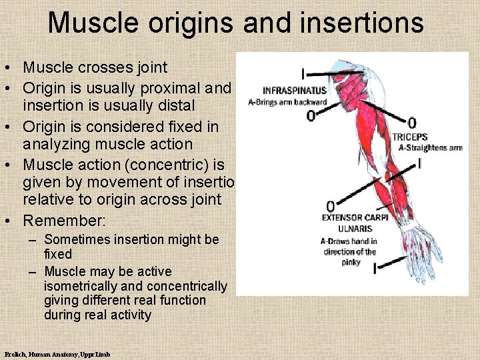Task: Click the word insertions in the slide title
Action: pos(361,22)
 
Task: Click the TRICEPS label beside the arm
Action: pos(410,137)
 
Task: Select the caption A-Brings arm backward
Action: pos(287,102)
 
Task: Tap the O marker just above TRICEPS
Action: pos(411,123)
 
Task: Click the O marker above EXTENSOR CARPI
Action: pos(330,206)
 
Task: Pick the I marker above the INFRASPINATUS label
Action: pos(303,73)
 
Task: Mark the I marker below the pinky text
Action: pos(375,269)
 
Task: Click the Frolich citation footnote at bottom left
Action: pos(57,354)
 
